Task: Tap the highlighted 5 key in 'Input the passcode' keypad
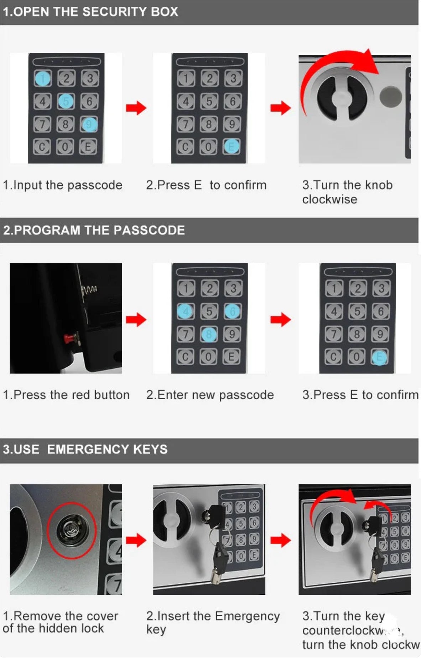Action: coord(66,102)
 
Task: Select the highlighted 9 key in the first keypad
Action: coord(89,125)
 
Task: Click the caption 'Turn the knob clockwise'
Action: coord(347,192)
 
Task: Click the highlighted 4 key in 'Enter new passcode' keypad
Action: coord(186,311)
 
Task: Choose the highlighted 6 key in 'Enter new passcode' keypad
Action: coord(232,311)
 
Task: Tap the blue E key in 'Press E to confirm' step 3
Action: coord(380,357)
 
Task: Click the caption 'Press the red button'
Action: coord(66,395)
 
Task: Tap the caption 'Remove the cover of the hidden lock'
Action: coord(61,622)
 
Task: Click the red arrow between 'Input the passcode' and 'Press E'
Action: coord(136,108)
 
